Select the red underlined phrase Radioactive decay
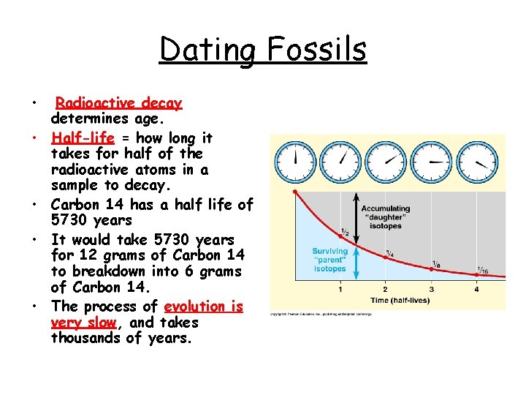coord(119,103)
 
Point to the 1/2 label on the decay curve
coord(344,232)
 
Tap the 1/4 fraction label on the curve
coord(390,253)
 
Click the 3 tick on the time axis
coord(431,290)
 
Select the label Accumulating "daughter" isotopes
coord(386,217)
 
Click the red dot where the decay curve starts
coord(294,192)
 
